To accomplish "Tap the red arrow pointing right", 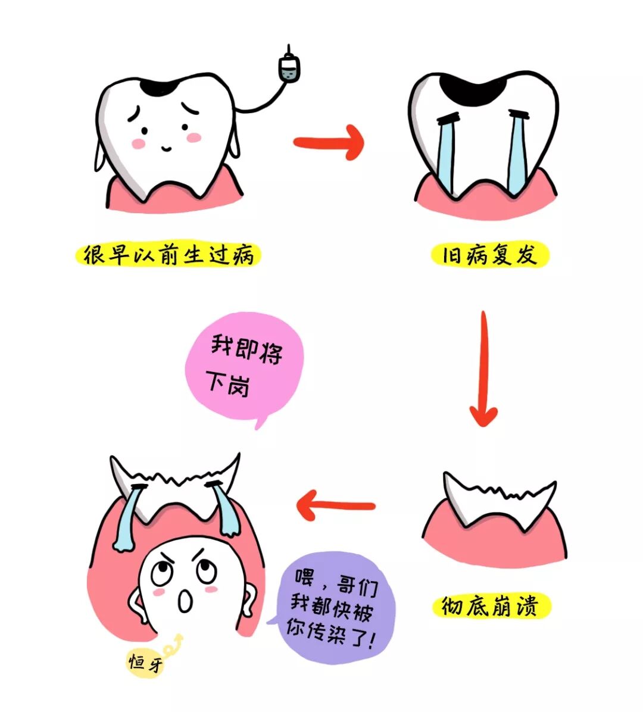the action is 329,142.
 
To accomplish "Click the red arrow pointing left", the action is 335,506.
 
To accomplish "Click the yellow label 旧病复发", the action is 489,255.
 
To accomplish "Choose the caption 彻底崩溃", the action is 490,607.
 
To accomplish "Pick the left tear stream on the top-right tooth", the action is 445,152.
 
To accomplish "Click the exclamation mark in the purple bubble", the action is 372,642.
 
